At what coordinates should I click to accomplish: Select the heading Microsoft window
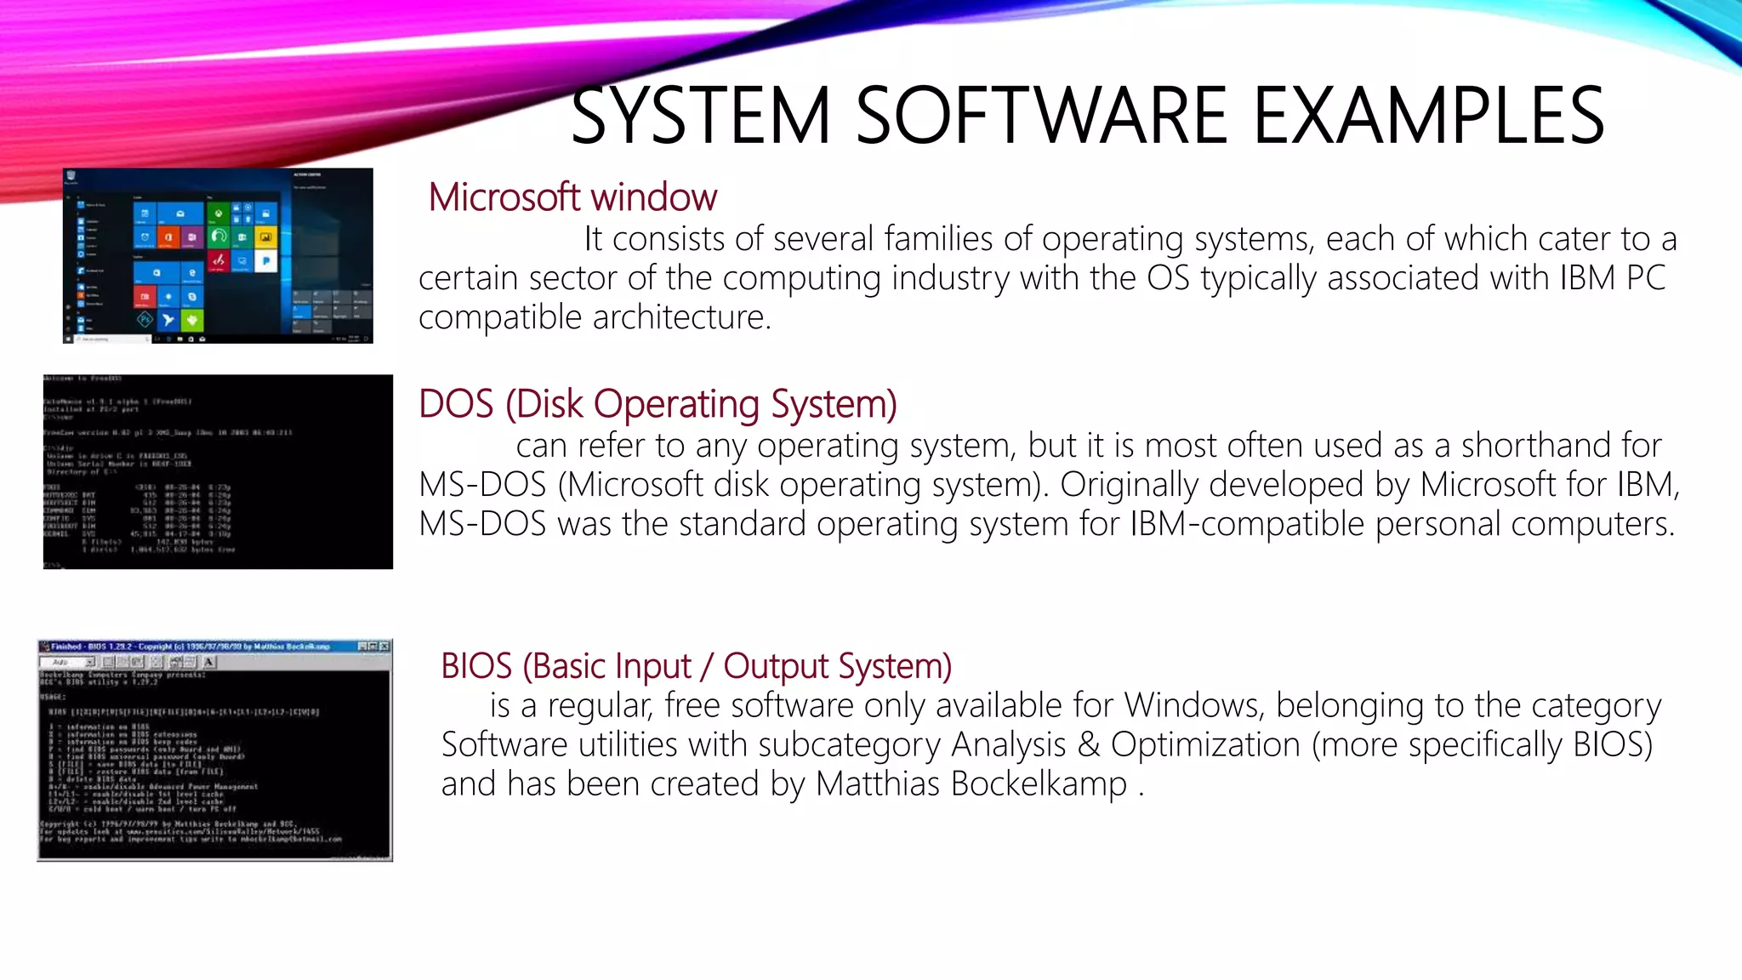[572, 197]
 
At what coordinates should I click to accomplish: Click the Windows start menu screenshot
[218, 256]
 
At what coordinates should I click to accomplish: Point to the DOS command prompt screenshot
[218, 471]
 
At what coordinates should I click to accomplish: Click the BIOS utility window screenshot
[214, 750]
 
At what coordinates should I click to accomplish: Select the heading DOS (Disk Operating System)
[658, 404]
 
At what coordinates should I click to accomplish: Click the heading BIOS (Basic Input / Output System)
[696, 666]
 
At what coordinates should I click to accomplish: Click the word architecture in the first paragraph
[681, 317]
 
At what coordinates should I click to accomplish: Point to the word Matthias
[878, 784]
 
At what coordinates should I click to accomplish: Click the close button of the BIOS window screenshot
[384, 647]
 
